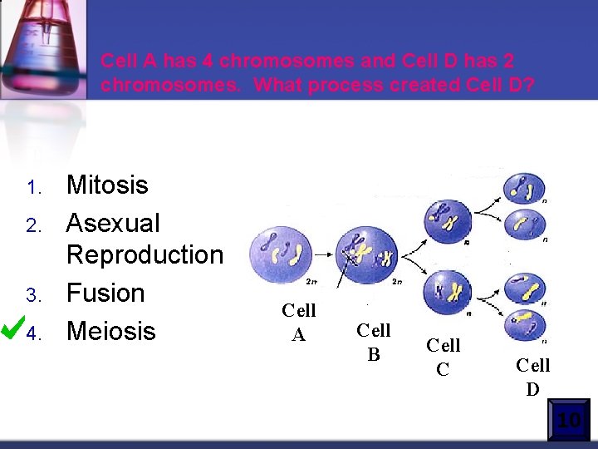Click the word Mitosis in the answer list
(x=107, y=185)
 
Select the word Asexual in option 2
(x=113, y=223)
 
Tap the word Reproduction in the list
(x=145, y=254)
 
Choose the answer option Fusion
(x=105, y=293)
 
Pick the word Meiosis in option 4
(x=110, y=331)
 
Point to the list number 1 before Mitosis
(x=32, y=187)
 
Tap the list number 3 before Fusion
(x=32, y=295)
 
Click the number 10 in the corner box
(x=569, y=421)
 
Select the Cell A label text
(x=298, y=322)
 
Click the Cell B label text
(x=373, y=342)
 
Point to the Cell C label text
(x=443, y=357)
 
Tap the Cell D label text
(x=532, y=377)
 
